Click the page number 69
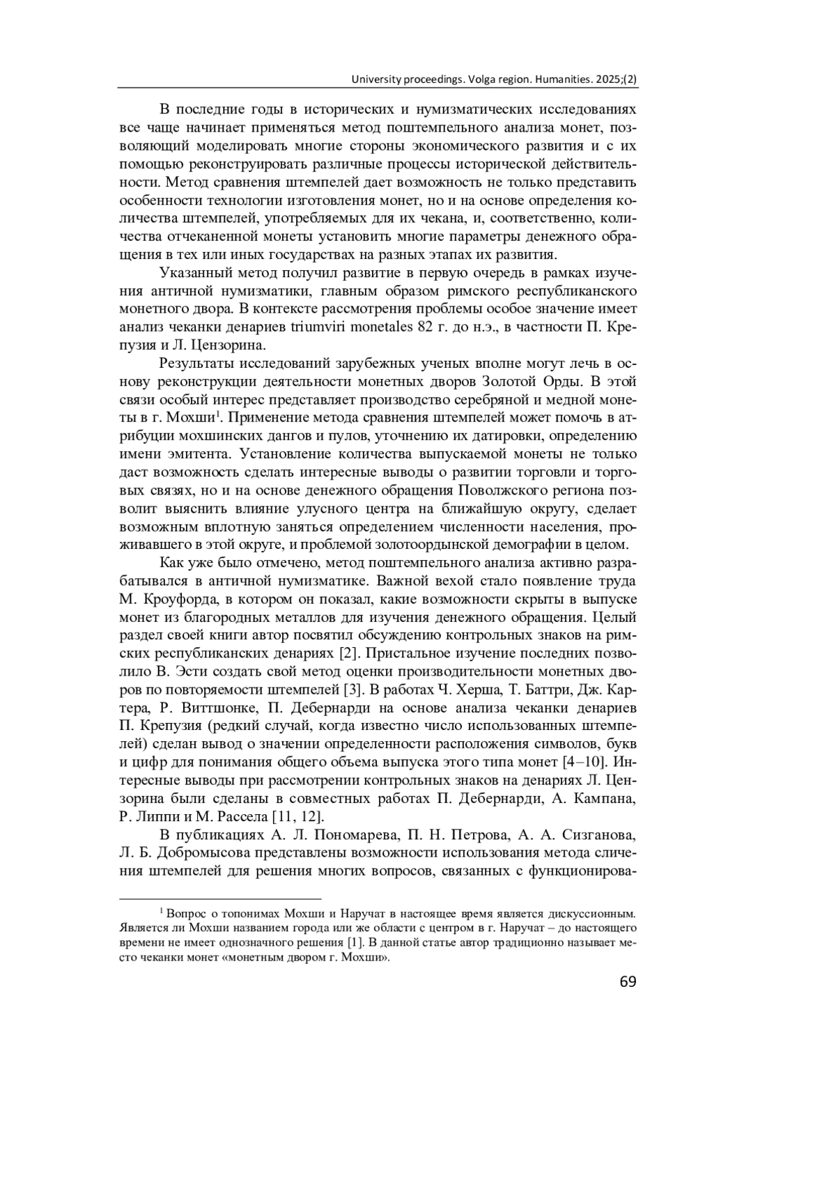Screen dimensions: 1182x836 (x=627, y=983)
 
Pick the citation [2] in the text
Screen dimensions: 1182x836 (x=348, y=653)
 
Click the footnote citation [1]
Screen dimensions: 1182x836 (x=355, y=943)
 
